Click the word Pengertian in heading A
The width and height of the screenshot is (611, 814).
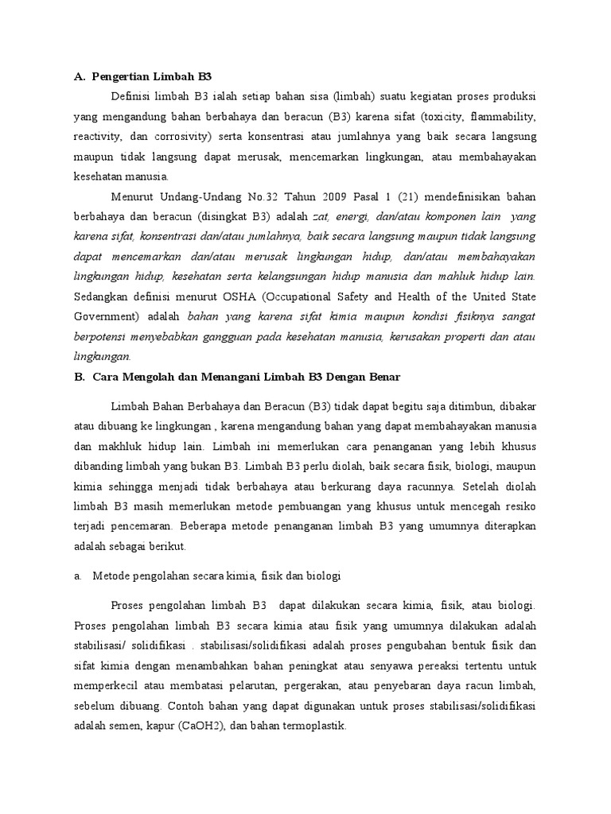coord(122,77)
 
